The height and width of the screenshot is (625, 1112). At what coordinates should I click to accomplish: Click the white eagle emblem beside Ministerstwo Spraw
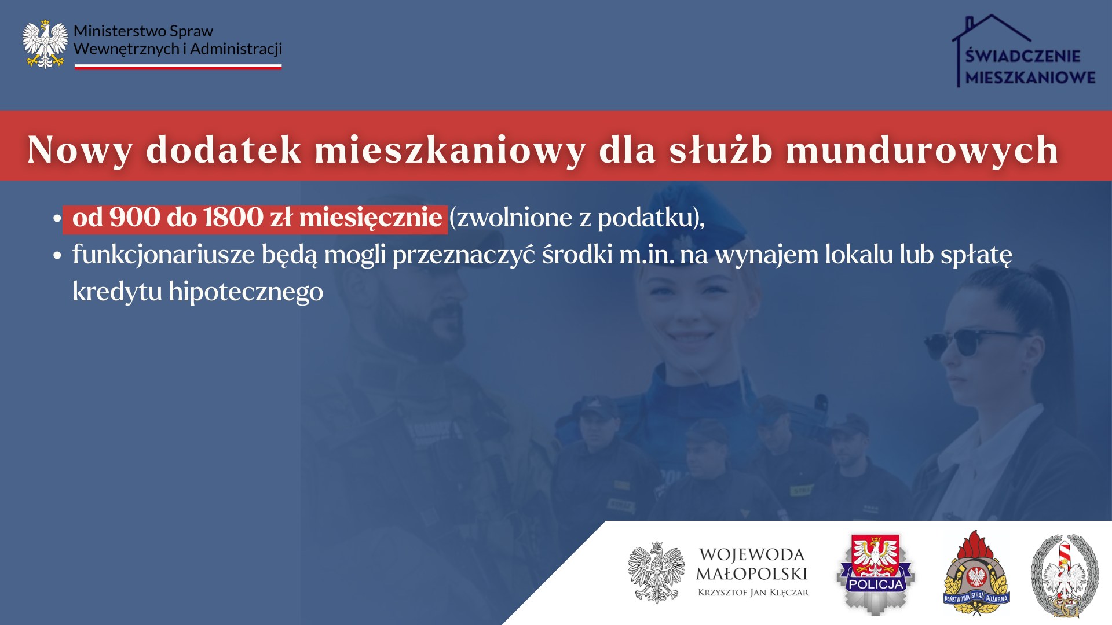click(x=45, y=44)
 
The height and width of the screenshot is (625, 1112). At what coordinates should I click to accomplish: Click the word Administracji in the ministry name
click(x=236, y=49)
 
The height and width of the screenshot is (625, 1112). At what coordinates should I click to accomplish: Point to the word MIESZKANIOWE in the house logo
click(x=1030, y=78)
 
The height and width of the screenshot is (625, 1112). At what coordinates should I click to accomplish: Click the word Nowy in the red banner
click(x=80, y=150)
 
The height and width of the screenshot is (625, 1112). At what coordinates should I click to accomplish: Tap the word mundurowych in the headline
click(x=922, y=150)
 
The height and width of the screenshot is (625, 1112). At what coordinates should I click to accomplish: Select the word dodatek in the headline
click(x=224, y=149)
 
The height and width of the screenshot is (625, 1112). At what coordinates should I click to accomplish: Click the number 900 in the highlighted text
click(x=134, y=218)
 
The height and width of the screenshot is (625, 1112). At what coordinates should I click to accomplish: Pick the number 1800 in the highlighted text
click(x=233, y=218)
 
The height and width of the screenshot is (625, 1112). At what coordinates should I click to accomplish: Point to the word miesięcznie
click(x=371, y=219)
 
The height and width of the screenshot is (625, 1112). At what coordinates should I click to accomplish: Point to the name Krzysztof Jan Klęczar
click(x=753, y=593)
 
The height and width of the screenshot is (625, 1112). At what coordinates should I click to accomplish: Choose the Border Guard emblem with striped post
click(x=1065, y=576)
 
